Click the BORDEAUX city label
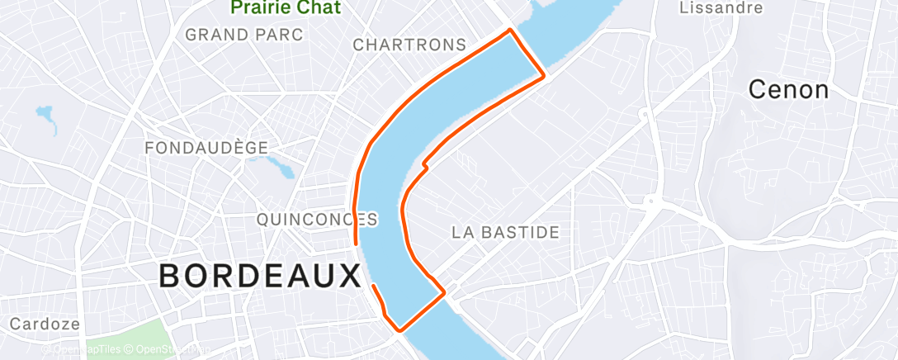tap(260, 276)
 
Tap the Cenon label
tap(788, 90)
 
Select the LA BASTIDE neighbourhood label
tap(505, 233)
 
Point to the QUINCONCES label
tap(317, 220)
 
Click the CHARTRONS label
tap(409, 45)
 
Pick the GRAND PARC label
tap(243, 35)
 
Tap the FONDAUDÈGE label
tap(206, 148)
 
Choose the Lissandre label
tap(720, 8)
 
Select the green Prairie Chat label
tap(285, 7)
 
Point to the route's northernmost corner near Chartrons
tap(511, 31)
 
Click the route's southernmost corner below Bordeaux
tap(400, 329)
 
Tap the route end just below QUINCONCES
tap(356, 244)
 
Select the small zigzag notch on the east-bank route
tap(425, 165)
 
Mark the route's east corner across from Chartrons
tap(544, 76)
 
